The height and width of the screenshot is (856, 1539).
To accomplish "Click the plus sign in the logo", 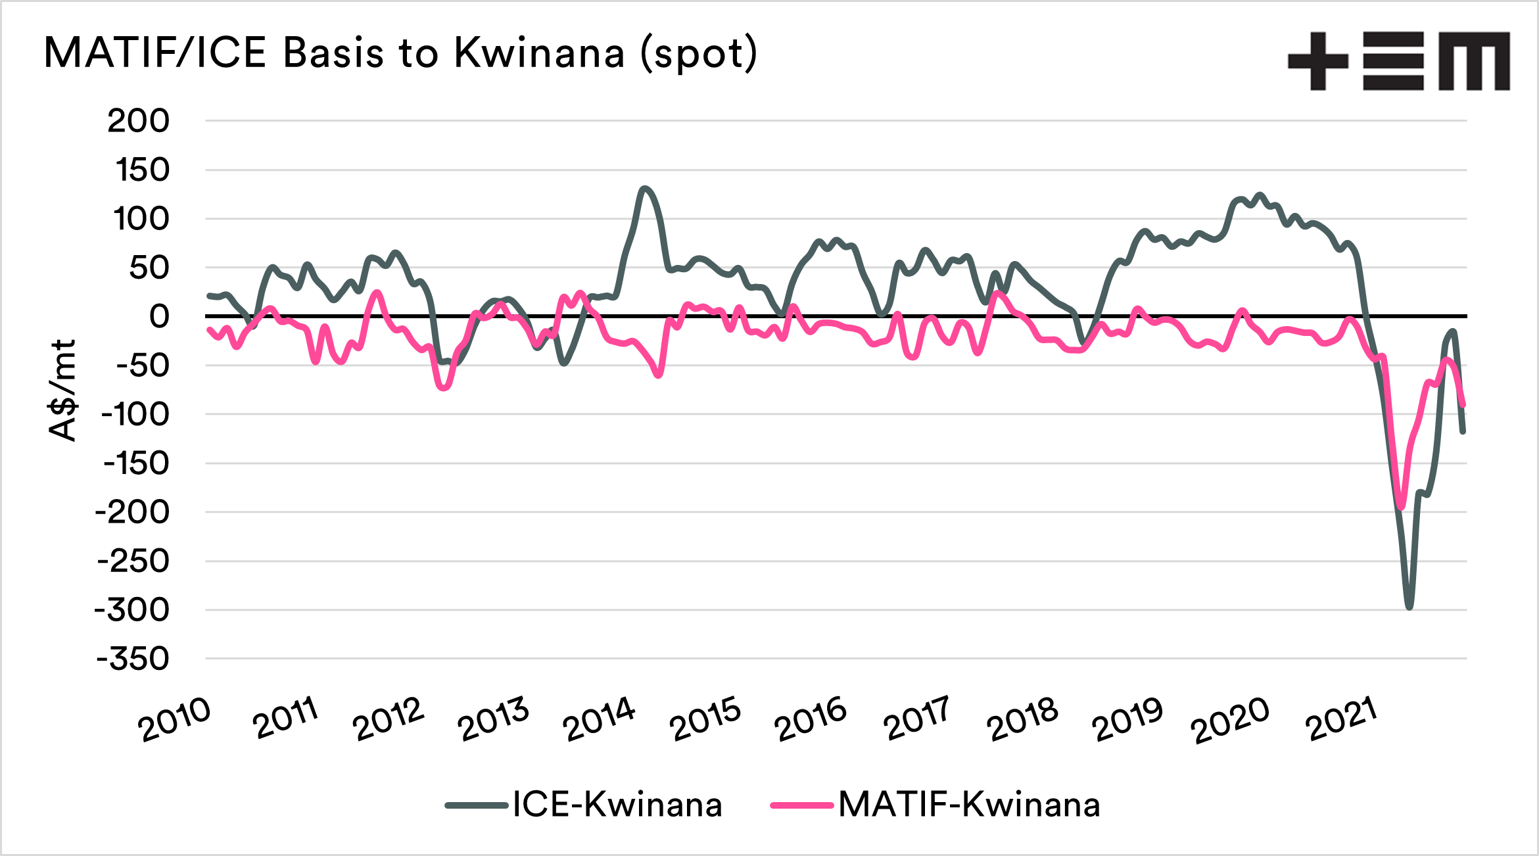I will click(1317, 61).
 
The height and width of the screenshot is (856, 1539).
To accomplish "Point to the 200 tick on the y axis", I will click(138, 121).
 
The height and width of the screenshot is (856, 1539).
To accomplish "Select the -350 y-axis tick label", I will click(133, 659).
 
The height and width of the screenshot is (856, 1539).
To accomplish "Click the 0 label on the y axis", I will click(159, 317).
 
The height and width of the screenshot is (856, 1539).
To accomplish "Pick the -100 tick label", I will click(135, 415).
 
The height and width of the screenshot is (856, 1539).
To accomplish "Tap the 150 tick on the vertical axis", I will click(142, 170).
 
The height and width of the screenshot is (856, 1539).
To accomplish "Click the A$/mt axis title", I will click(62, 391).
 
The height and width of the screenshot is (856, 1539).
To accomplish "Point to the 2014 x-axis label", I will click(599, 719).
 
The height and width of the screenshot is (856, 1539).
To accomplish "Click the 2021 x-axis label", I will click(1341, 719).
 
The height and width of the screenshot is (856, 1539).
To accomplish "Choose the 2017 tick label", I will click(916, 719).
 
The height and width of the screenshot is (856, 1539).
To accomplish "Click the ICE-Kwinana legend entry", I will click(617, 805).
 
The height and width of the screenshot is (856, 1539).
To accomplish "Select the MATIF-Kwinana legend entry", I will click(969, 805).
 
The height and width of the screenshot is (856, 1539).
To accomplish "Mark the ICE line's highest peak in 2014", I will click(644, 189).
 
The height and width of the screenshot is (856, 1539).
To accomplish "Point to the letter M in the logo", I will click(1474, 61).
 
